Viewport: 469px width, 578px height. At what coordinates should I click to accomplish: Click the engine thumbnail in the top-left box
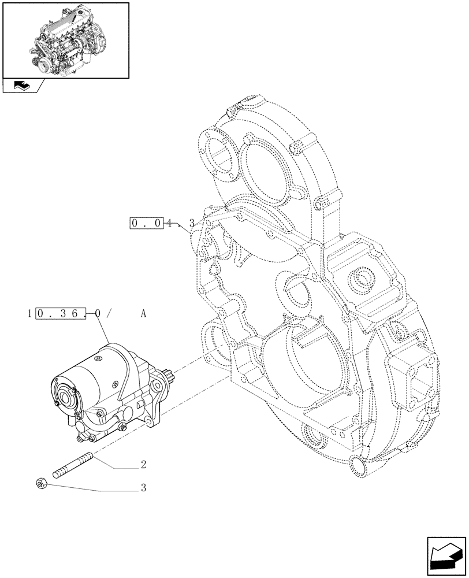click(x=65, y=39)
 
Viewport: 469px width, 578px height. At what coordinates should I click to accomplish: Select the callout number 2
click(x=143, y=464)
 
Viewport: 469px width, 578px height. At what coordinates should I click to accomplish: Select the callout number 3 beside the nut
click(x=143, y=487)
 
